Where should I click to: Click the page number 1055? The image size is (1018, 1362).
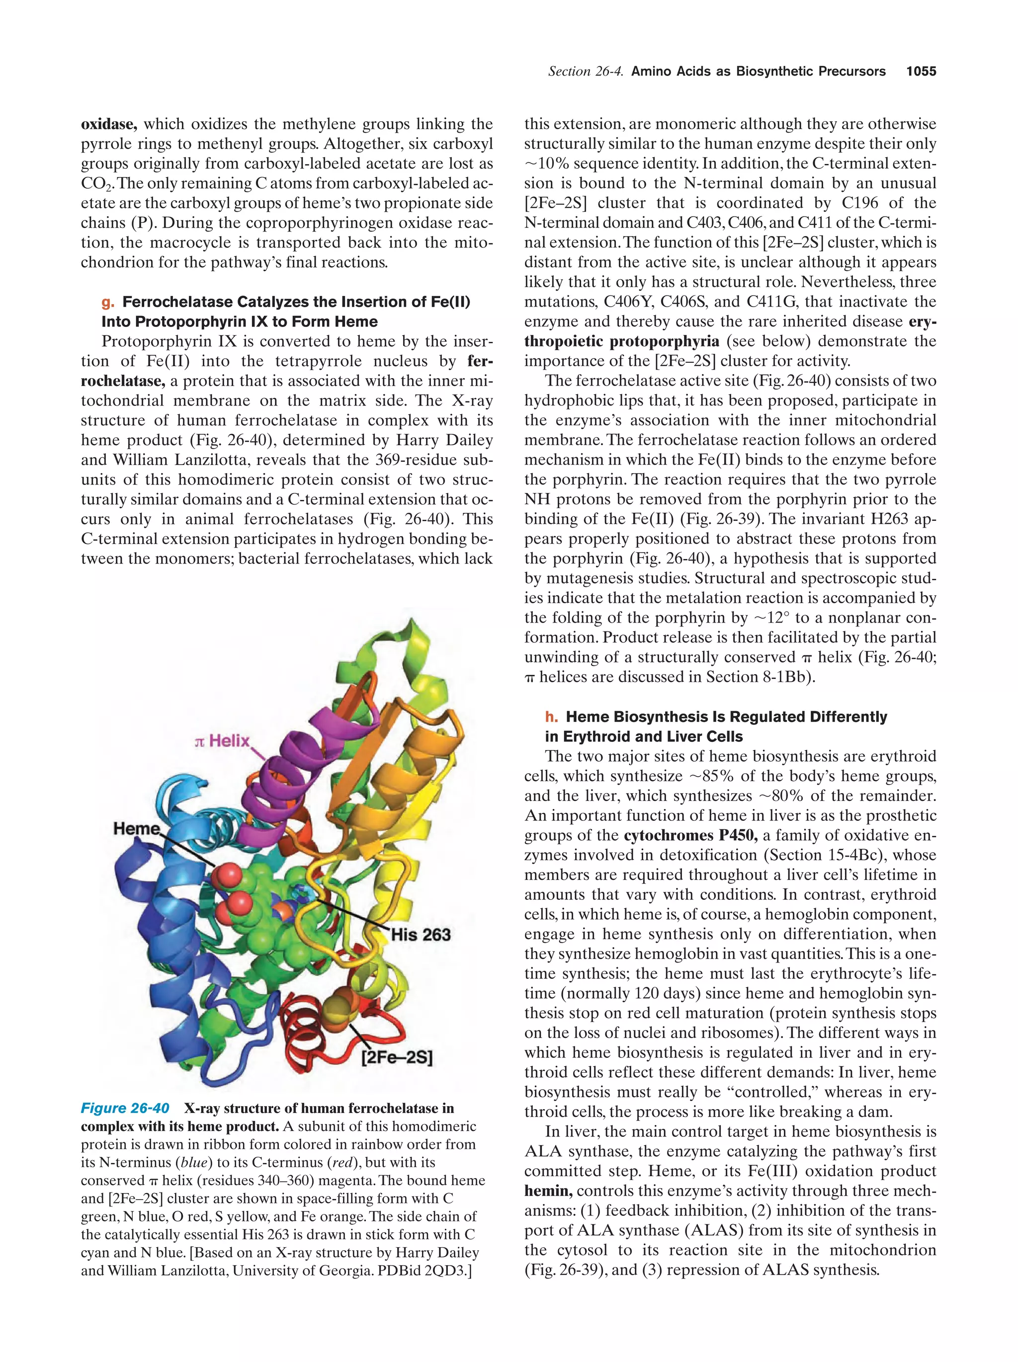click(x=921, y=72)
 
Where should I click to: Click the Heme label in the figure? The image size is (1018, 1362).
click(x=136, y=829)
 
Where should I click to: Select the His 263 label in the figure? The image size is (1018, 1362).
click(x=421, y=935)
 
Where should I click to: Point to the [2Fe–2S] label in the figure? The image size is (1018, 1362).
click(x=397, y=1058)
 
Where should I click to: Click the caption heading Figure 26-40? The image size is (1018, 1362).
click(x=125, y=1108)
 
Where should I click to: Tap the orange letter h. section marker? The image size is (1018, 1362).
click(x=551, y=717)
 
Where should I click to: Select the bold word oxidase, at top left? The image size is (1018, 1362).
click(x=109, y=124)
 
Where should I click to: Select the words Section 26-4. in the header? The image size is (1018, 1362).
click(x=585, y=72)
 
